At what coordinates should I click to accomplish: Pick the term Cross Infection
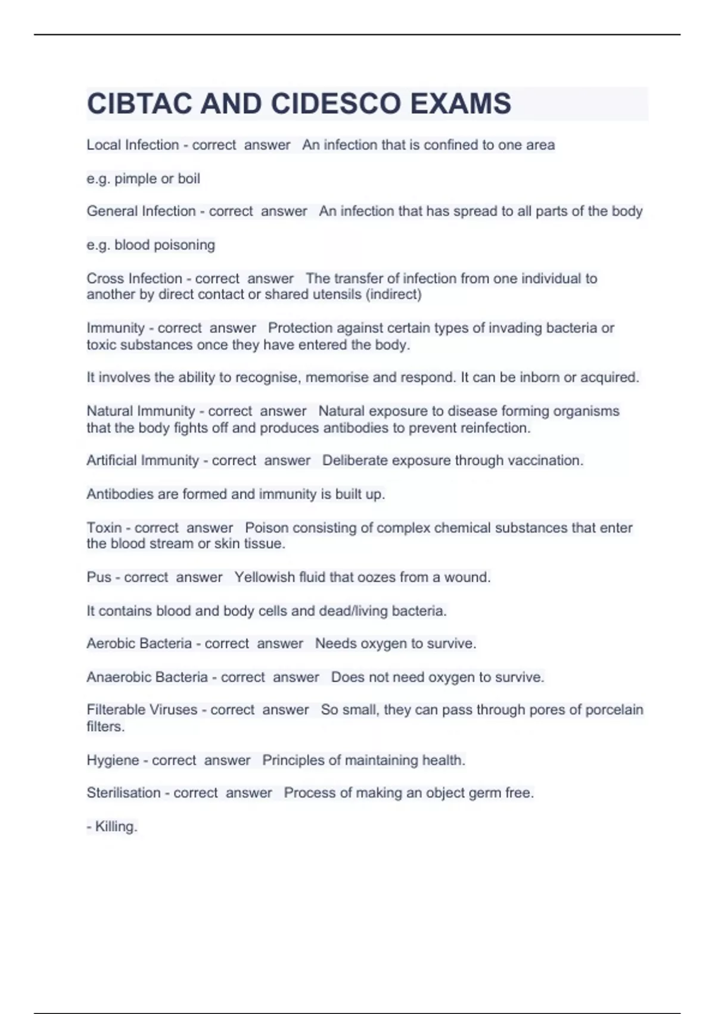(134, 279)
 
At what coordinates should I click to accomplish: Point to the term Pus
(99, 577)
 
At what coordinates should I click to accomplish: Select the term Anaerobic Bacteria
(147, 678)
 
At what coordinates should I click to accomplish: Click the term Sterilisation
(123, 793)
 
